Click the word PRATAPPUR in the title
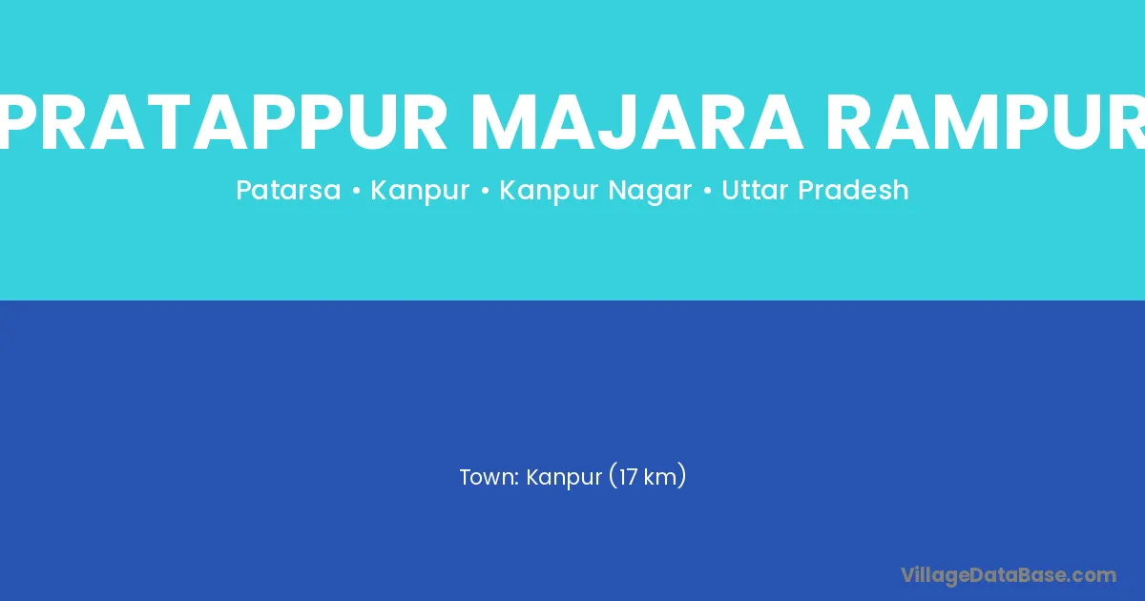[x=224, y=122]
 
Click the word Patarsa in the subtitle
[x=288, y=190]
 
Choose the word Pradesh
[x=853, y=190]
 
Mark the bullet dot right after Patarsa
[x=356, y=192]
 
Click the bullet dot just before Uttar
[x=707, y=192]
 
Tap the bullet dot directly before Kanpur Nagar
[x=485, y=192]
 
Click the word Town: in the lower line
[x=489, y=477]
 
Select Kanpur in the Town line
[x=564, y=478]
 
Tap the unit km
[x=660, y=477]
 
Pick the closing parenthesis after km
[x=681, y=476]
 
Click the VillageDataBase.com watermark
[x=1008, y=576]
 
